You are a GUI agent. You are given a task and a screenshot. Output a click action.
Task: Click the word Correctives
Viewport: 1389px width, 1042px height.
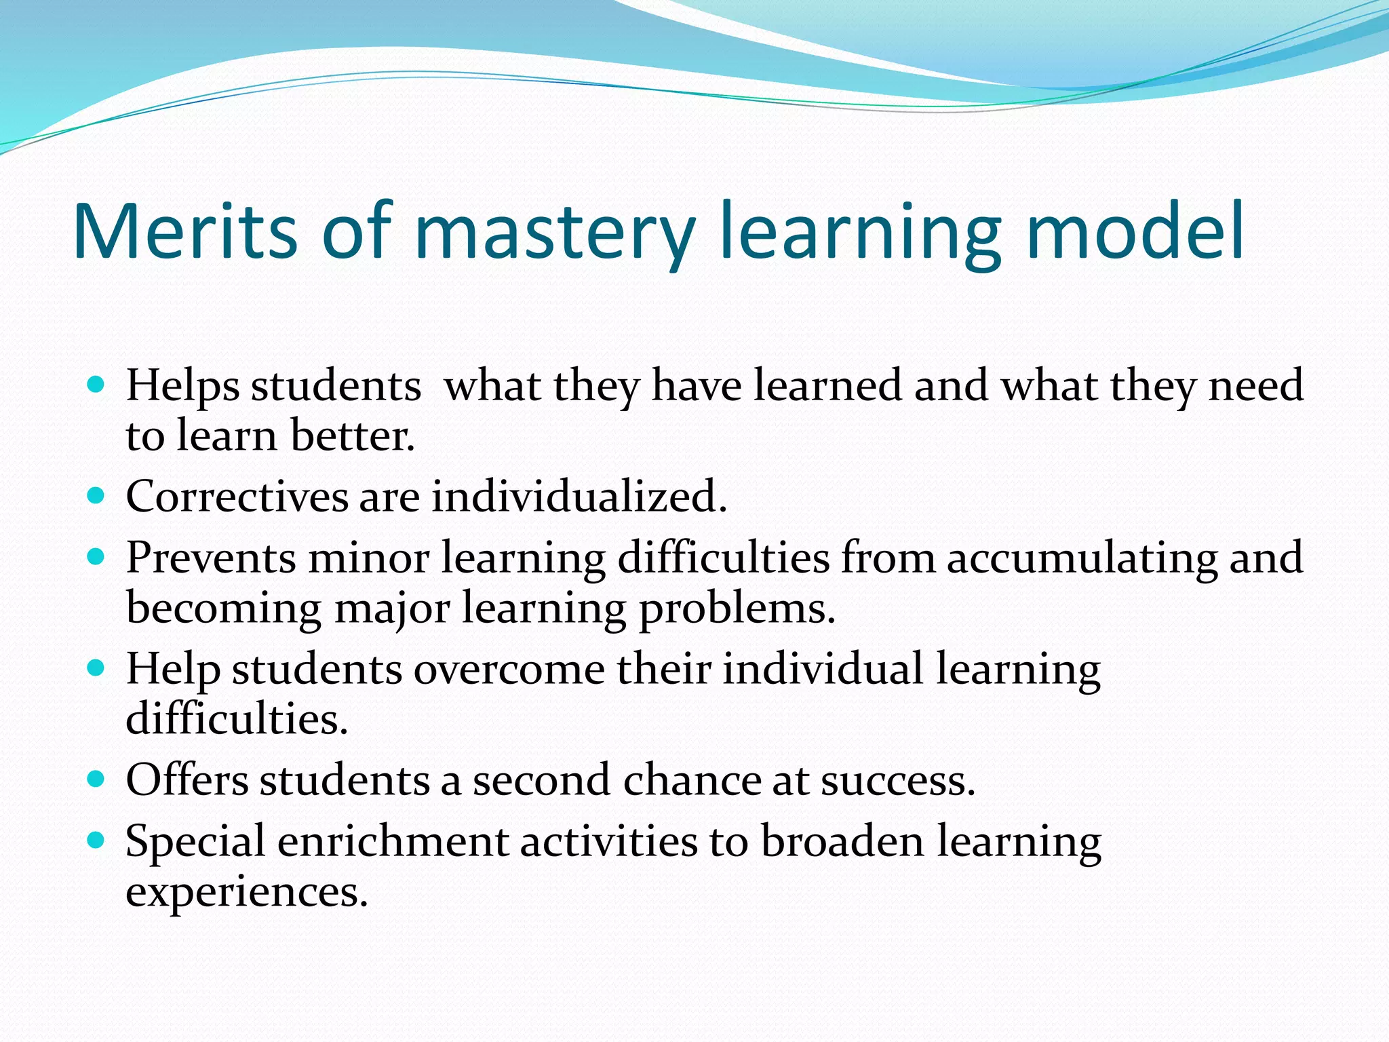(x=237, y=497)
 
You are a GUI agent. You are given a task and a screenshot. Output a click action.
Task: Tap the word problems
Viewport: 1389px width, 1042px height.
(x=737, y=609)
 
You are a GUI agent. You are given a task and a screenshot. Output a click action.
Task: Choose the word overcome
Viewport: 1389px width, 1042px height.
(x=509, y=670)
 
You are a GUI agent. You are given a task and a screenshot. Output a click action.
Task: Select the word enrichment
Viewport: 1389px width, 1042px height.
(x=393, y=842)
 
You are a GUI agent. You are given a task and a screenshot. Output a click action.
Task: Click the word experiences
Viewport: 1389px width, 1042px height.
(x=246, y=893)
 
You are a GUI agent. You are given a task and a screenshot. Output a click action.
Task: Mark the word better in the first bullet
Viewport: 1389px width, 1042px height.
(x=352, y=436)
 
